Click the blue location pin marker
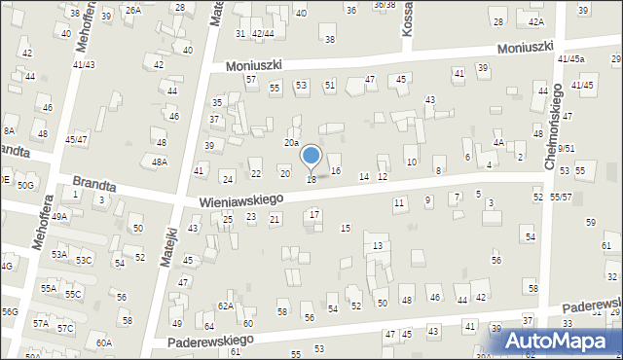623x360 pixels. [311, 156]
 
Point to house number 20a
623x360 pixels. [291, 143]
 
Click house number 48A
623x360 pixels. [159, 162]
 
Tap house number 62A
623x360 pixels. [226, 306]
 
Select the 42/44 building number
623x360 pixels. [263, 33]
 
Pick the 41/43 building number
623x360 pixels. [83, 64]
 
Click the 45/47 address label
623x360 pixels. [76, 139]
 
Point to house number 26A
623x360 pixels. [133, 10]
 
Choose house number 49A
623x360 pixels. [59, 217]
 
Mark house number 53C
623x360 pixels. [84, 260]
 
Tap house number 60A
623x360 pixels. [104, 342]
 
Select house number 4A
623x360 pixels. [497, 143]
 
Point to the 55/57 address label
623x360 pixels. [561, 197]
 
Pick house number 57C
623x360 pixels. [65, 328]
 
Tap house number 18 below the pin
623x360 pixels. [311, 179]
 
